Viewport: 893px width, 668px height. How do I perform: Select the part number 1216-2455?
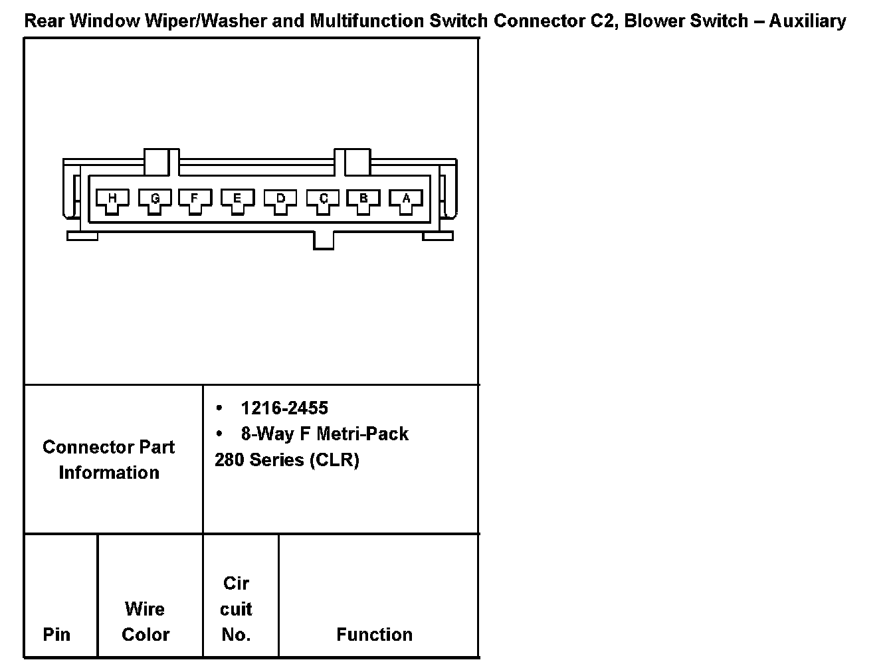284,408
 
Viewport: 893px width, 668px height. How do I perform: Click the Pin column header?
56,634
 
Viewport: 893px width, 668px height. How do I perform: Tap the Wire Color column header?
146,622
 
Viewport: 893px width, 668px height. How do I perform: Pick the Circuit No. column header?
236,609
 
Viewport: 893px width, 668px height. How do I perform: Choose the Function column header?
374,634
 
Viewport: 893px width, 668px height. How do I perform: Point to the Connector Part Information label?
108,459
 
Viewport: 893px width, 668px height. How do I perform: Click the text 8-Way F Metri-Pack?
324,434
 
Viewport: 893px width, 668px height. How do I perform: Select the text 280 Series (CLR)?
287,459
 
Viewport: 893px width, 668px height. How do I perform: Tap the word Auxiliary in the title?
807,21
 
